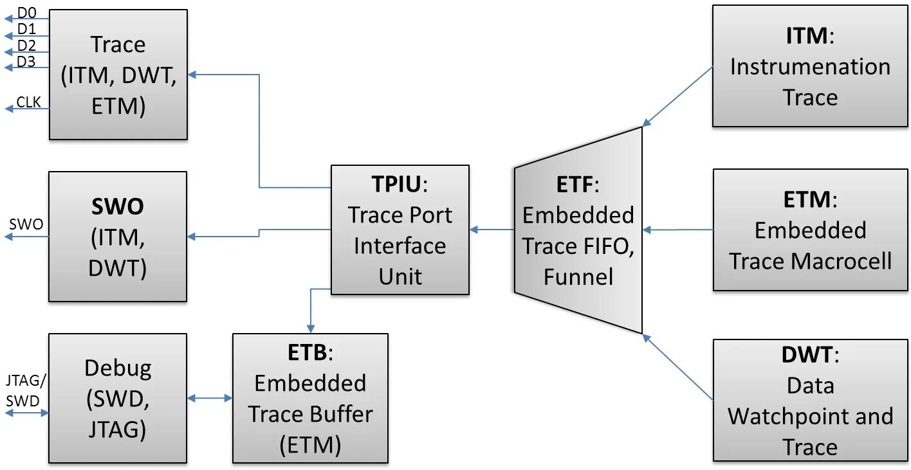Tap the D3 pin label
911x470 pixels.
[26, 62]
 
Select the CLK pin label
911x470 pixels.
[28, 102]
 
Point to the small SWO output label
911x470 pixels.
[26, 224]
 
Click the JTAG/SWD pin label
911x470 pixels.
[25, 391]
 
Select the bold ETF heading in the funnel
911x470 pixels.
[574, 185]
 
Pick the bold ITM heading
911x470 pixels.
[806, 35]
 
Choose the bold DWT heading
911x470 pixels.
[806, 354]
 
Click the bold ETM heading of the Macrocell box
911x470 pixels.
[806, 200]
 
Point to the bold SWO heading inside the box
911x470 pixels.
[117, 207]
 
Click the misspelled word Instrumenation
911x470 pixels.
[810, 67]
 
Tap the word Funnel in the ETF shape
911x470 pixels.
[578, 276]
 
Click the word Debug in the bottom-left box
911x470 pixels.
[118, 368]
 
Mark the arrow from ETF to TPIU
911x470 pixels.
[492, 229]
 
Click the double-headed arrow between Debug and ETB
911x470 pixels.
[210, 399]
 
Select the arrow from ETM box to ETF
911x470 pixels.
[678, 230]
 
